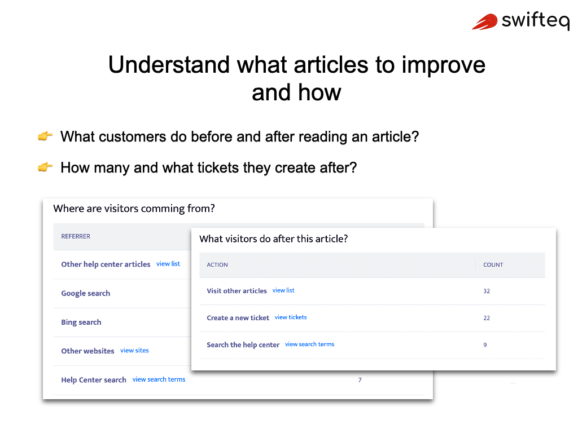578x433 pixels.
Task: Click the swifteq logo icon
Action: coord(485,21)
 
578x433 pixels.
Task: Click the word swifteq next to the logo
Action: coord(535,21)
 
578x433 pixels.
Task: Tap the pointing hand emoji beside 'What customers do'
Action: coord(45,136)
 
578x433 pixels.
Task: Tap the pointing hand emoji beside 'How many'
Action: coord(45,167)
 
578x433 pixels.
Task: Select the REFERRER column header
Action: coord(76,236)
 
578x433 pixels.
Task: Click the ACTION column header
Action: coord(217,264)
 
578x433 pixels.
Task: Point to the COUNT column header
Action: coord(493,264)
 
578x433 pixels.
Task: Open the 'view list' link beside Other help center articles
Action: coord(168,264)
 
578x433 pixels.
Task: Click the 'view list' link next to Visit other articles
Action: coord(283,290)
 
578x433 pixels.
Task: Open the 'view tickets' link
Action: coord(291,317)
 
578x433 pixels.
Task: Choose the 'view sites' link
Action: coord(134,351)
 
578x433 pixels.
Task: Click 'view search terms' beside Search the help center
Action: coord(309,344)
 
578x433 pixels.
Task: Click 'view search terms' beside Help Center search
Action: coord(159,379)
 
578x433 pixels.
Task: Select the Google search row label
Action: coord(86,293)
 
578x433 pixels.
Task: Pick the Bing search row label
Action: coord(81,322)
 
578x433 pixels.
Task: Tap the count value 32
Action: coord(487,291)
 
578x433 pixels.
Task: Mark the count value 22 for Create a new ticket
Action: coord(487,318)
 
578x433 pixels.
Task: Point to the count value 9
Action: coord(485,344)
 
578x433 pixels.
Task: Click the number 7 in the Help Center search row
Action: coord(360,380)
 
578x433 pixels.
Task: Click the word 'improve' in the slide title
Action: coord(443,65)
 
